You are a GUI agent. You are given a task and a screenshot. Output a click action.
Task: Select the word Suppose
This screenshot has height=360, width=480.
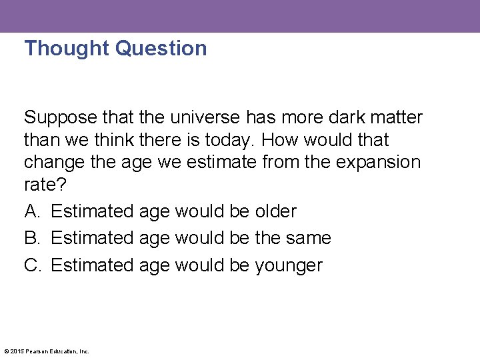[61, 118]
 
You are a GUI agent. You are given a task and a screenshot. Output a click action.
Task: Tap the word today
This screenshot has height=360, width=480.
[233, 140]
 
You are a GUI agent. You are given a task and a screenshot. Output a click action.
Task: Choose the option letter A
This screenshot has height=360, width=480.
[31, 211]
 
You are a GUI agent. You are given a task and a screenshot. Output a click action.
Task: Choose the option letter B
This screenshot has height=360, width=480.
[31, 238]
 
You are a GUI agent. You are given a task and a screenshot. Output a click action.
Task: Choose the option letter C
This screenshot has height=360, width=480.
[32, 265]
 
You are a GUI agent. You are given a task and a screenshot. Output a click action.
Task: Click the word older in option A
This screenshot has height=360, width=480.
[275, 211]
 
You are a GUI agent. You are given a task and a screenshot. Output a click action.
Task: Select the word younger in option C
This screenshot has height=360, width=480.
[288, 266]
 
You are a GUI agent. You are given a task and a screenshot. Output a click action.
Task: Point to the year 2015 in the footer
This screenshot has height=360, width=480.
[15, 351]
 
